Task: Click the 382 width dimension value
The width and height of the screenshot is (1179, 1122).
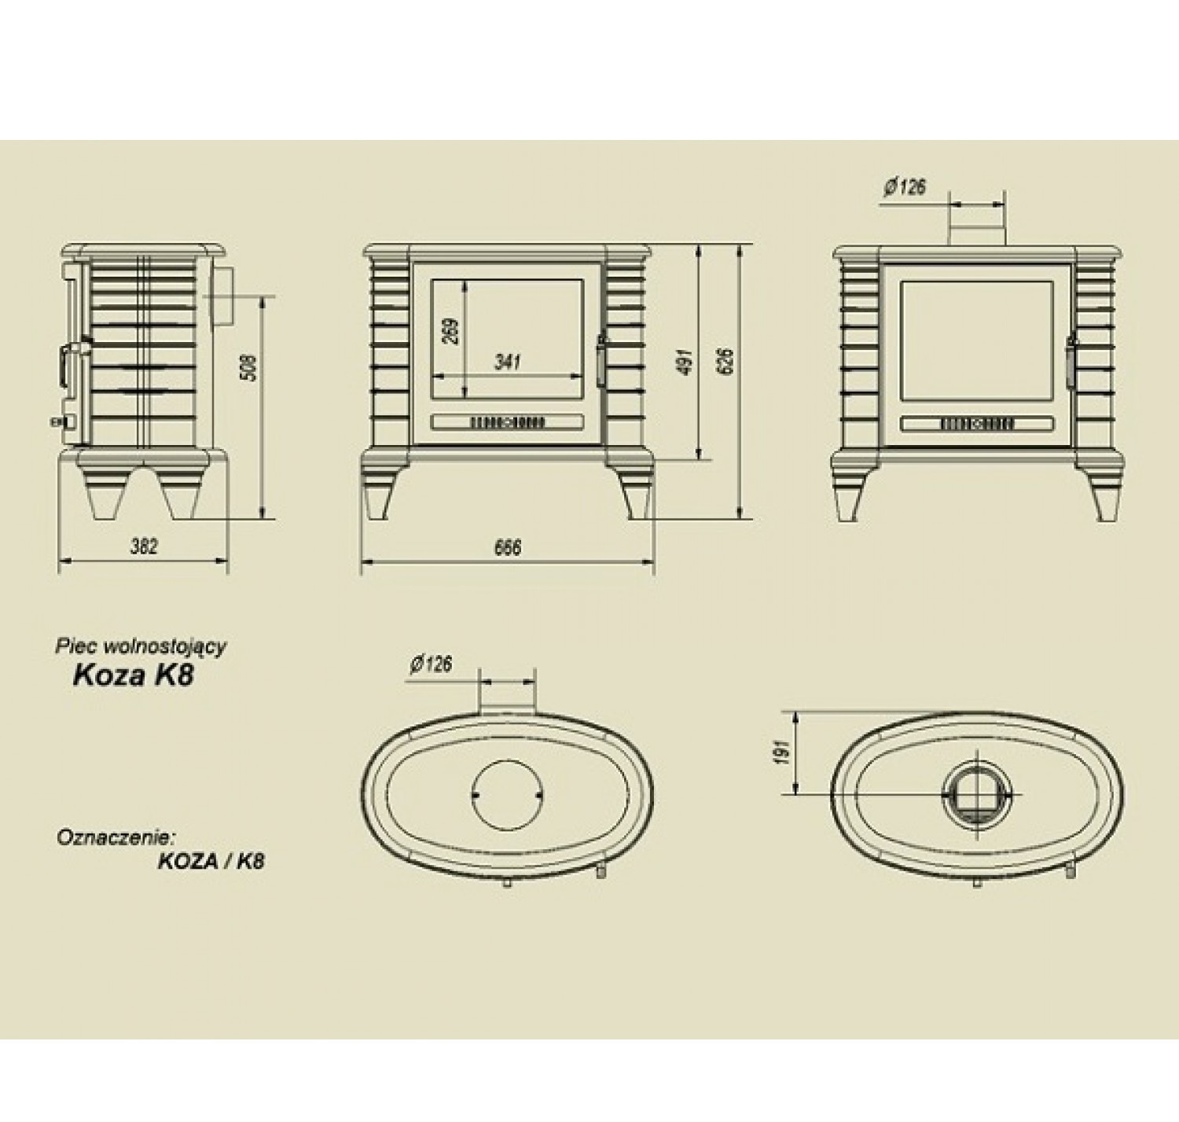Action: (144, 546)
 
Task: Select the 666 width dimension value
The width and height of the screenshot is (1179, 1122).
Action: (507, 547)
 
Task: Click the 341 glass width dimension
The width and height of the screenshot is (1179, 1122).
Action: (508, 362)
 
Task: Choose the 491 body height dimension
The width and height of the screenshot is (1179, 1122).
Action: (687, 361)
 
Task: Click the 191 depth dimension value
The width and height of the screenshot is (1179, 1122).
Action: (780, 752)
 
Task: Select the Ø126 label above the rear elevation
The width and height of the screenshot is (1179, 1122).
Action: (905, 188)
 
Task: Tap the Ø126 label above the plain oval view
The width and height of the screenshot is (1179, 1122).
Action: (432, 664)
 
